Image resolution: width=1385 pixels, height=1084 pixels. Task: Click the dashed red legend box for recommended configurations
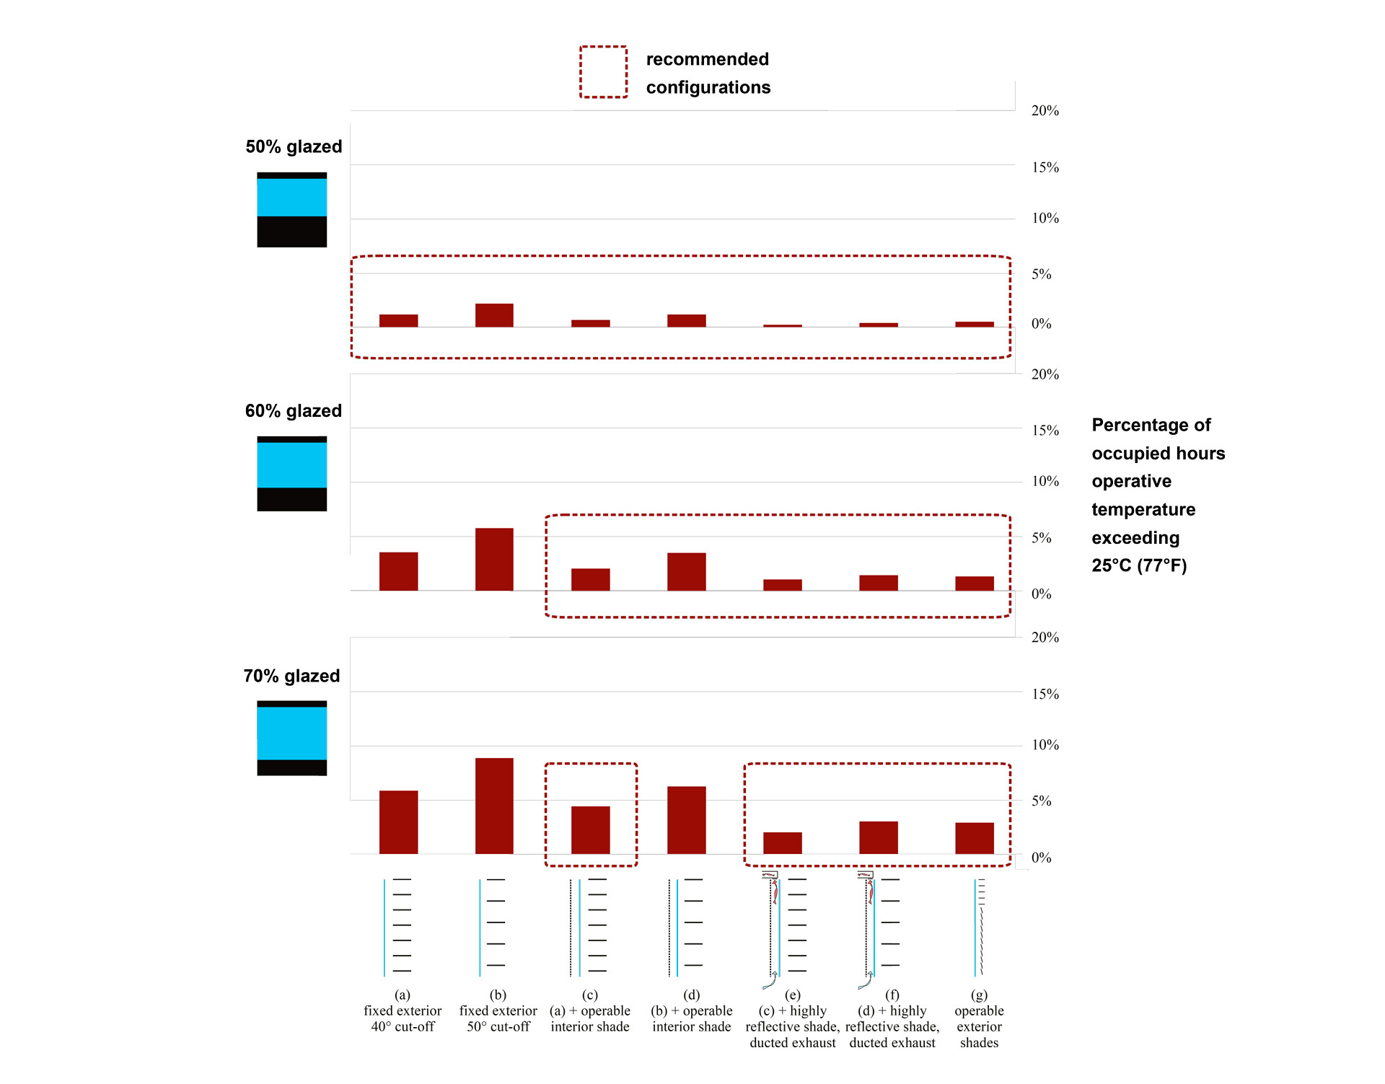pos(603,72)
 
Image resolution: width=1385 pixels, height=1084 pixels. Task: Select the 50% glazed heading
pos(294,146)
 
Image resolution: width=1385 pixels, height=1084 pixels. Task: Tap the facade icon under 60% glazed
pos(291,474)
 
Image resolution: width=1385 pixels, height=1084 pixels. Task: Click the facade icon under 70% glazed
pos(291,738)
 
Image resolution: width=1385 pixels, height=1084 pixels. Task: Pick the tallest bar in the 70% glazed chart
pos(494,806)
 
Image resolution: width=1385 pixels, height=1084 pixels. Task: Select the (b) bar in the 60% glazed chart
pos(494,560)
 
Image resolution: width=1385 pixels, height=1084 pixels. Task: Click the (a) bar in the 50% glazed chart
pos(398,321)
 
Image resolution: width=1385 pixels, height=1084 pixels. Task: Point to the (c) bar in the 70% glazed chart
pos(590,830)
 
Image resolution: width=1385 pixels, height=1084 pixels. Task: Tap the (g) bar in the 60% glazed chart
pos(974,583)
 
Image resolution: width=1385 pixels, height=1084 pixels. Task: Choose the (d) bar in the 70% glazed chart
pos(686,820)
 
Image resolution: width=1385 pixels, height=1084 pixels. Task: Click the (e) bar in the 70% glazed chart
pos(782,843)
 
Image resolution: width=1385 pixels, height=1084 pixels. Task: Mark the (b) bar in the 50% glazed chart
pos(494,315)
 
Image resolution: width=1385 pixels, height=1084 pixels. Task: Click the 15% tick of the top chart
pos(1045,167)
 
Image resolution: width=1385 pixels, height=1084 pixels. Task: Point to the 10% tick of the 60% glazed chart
pos(1045,481)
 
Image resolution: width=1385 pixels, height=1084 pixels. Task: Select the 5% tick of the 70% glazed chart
pos(1041,801)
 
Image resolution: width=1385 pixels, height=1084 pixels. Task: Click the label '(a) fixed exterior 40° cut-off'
pos(403,1011)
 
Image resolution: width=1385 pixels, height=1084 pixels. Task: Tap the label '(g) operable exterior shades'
pos(979,1019)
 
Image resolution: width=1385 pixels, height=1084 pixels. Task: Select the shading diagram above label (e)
pos(784,927)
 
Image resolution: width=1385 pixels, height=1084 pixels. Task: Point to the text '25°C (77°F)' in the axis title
pos(1139,565)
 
